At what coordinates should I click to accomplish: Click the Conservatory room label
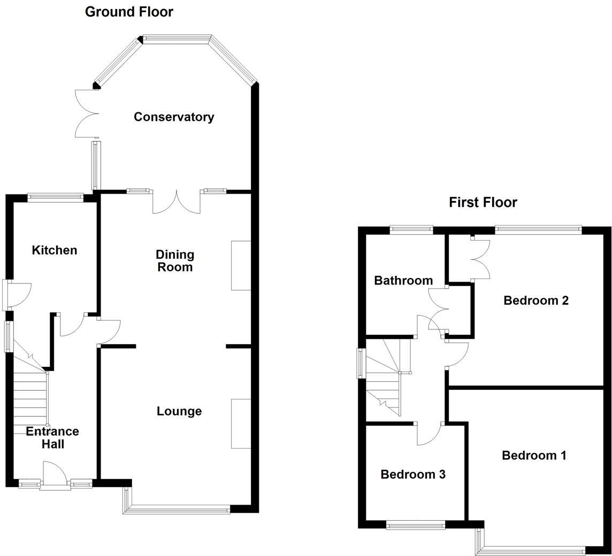click(x=174, y=117)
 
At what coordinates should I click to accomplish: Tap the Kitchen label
click(x=55, y=250)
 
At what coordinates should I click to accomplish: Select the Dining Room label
click(x=175, y=260)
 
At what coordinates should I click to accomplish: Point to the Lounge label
click(x=179, y=411)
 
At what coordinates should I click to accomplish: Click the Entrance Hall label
click(x=52, y=437)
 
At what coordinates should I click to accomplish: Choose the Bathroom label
click(x=403, y=280)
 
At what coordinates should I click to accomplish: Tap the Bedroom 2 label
click(x=535, y=300)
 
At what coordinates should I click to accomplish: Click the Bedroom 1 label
click(x=534, y=455)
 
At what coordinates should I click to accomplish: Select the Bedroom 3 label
click(x=413, y=474)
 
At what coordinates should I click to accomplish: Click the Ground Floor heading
click(x=129, y=12)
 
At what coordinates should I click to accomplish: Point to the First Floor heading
click(x=483, y=202)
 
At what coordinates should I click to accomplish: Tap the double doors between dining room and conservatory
click(x=177, y=203)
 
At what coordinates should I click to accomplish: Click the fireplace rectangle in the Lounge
click(x=241, y=423)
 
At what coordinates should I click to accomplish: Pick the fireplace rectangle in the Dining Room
click(x=241, y=265)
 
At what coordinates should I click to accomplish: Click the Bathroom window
click(x=411, y=230)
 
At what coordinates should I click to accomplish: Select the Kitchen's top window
click(x=56, y=197)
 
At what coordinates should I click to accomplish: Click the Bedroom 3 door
click(x=430, y=434)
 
